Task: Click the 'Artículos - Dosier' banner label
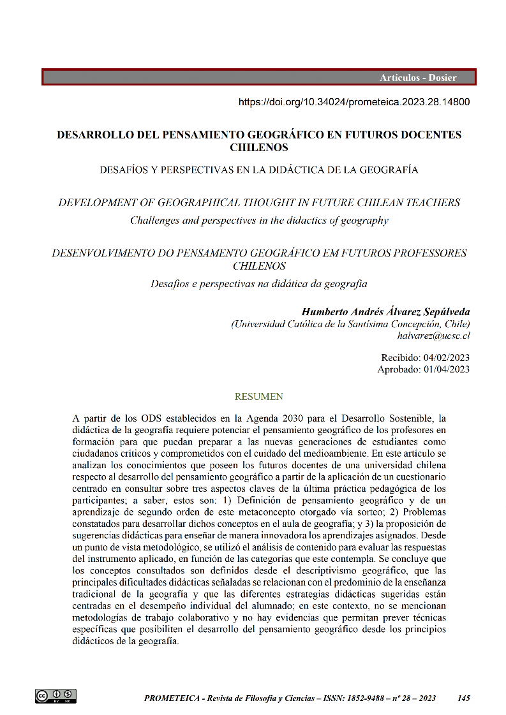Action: coord(418,78)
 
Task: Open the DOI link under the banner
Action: coord(354,101)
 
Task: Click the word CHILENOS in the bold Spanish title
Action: coord(258,147)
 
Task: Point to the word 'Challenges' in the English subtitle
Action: coord(157,221)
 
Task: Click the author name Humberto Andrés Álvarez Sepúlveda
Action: coord(385,312)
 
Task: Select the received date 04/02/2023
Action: coord(446,358)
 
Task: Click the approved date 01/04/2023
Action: coord(446,369)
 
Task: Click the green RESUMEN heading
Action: coord(258,397)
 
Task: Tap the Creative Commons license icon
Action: coord(56,696)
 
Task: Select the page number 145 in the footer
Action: coord(464,698)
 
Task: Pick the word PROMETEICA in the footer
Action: coord(170,698)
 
